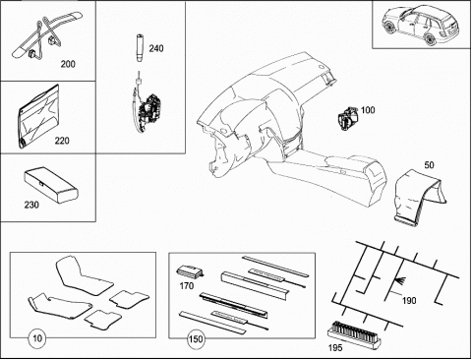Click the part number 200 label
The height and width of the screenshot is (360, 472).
coord(68,64)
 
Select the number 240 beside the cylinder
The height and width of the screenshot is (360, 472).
coord(156,48)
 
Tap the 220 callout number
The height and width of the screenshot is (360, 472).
coord(62,141)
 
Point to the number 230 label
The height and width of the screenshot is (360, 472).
coord(31,205)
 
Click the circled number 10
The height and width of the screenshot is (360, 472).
coord(37,338)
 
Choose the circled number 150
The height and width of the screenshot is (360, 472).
coord(196,338)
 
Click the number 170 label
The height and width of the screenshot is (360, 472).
coord(187,286)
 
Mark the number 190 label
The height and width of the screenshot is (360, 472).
coord(409,300)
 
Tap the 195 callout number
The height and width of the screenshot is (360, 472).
coord(335,347)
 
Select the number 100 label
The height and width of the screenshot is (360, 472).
coord(368,110)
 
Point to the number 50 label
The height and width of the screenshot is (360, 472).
coord(429,165)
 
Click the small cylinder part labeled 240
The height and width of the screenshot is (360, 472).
coord(140,48)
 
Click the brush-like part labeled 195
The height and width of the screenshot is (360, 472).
coord(354,333)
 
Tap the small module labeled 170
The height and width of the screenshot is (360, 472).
coord(191,271)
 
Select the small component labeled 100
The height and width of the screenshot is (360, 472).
coord(348,118)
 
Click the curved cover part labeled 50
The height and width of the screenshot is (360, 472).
coord(420,198)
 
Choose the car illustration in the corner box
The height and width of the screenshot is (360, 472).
coord(420,24)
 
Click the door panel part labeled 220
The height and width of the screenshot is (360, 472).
coord(39,116)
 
